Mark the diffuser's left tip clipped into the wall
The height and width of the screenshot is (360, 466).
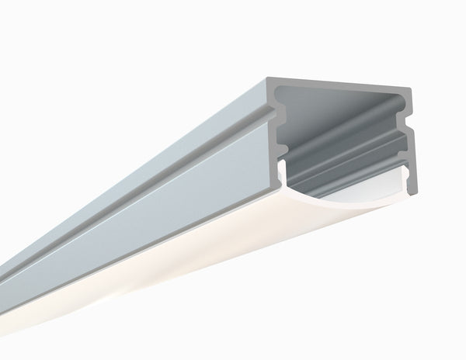[x=282, y=168]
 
